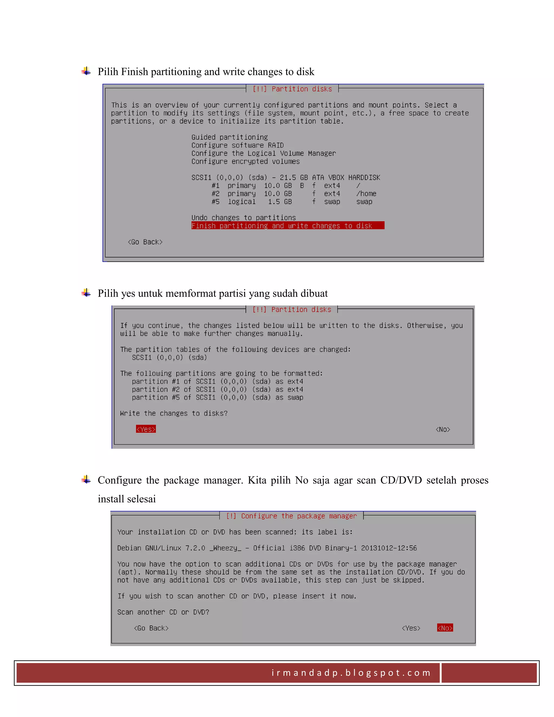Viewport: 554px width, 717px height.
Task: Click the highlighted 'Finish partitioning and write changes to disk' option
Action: [282, 226]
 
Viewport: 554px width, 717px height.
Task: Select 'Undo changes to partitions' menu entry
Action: [243, 218]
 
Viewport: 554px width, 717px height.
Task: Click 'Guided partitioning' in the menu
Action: [229, 137]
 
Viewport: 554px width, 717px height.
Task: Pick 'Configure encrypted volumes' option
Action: [246, 162]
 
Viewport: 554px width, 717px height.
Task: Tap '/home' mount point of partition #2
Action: [366, 194]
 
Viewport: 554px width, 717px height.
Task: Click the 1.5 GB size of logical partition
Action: [280, 202]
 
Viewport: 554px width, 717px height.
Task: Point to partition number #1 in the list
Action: [216, 186]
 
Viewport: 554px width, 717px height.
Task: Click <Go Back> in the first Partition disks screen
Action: [145, 242]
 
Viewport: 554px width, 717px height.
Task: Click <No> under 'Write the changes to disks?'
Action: [443, 429]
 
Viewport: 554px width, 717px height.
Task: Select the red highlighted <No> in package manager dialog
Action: [445, 628]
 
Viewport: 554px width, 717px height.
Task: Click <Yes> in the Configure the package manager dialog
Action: [411, 628]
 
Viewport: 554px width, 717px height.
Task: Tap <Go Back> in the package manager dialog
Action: [151, 628]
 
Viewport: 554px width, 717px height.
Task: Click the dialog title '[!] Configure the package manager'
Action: [291, 516]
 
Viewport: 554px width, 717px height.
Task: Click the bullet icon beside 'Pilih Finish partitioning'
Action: [86, 71]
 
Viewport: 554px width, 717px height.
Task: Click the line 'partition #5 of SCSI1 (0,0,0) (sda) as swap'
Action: [217, 397]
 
